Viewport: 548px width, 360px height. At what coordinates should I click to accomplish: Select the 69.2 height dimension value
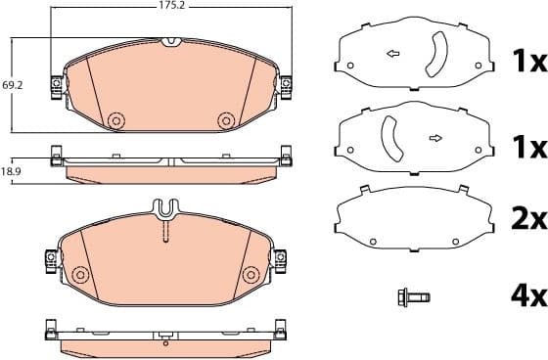click(13, 86)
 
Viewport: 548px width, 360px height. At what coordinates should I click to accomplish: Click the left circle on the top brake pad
click(115, 119)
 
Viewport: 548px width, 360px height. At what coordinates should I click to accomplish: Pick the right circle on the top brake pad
click(226, 119)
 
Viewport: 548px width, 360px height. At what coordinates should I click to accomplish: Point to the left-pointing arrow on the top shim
click(393, 53)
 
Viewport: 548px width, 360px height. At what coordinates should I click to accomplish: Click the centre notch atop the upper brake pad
click(170, 42)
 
